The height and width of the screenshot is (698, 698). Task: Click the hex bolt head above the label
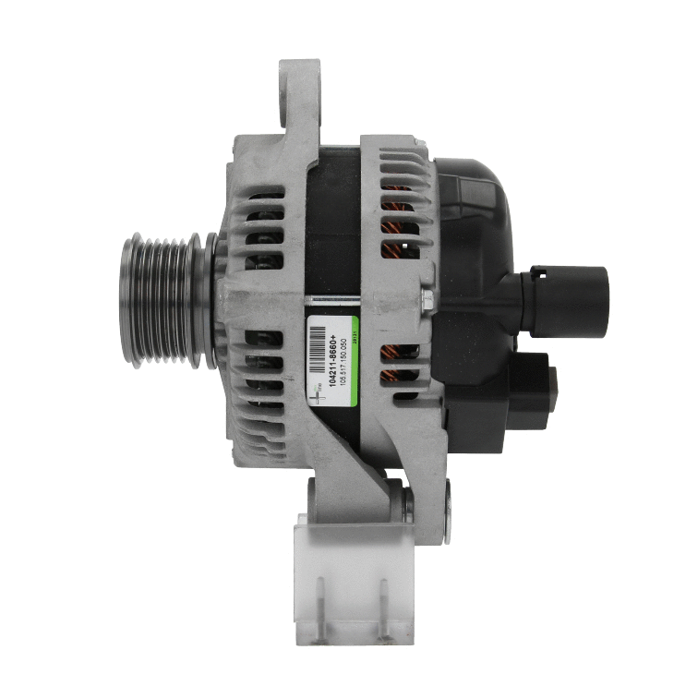click(x=426, y=299)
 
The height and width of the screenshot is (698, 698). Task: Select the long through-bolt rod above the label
click(x=365, y=298)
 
